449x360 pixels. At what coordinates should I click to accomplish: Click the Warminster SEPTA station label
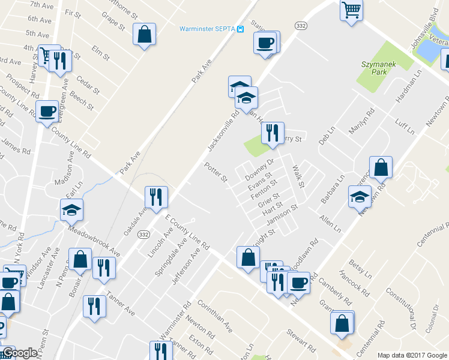206,29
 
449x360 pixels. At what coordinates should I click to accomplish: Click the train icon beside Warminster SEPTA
240,29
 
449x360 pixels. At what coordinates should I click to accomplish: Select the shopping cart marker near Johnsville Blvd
352,10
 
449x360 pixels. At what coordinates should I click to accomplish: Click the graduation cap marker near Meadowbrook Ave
71,209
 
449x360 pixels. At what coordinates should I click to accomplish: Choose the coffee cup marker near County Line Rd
47,111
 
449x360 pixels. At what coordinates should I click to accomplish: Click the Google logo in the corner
20,353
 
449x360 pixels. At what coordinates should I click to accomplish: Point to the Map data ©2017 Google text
412,355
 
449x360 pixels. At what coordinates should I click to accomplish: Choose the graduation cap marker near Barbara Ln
360,197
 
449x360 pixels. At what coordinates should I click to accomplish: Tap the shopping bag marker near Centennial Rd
342,323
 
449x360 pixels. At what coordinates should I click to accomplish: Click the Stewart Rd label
301,340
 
